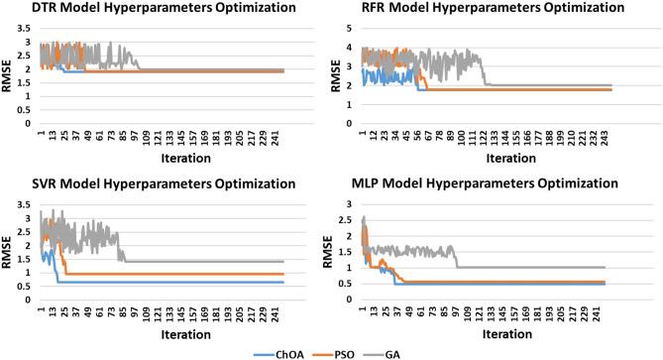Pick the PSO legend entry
tap(332, 351)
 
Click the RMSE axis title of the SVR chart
tap(8, 252)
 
